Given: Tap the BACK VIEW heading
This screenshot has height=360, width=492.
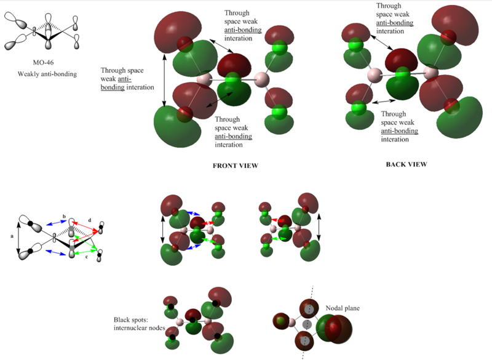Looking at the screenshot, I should point(406,164).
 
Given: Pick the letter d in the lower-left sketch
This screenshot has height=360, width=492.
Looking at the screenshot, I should point(90,220).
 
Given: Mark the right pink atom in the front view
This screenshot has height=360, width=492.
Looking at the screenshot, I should point(261,78).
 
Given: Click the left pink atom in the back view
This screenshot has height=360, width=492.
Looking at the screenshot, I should point(373,75).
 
